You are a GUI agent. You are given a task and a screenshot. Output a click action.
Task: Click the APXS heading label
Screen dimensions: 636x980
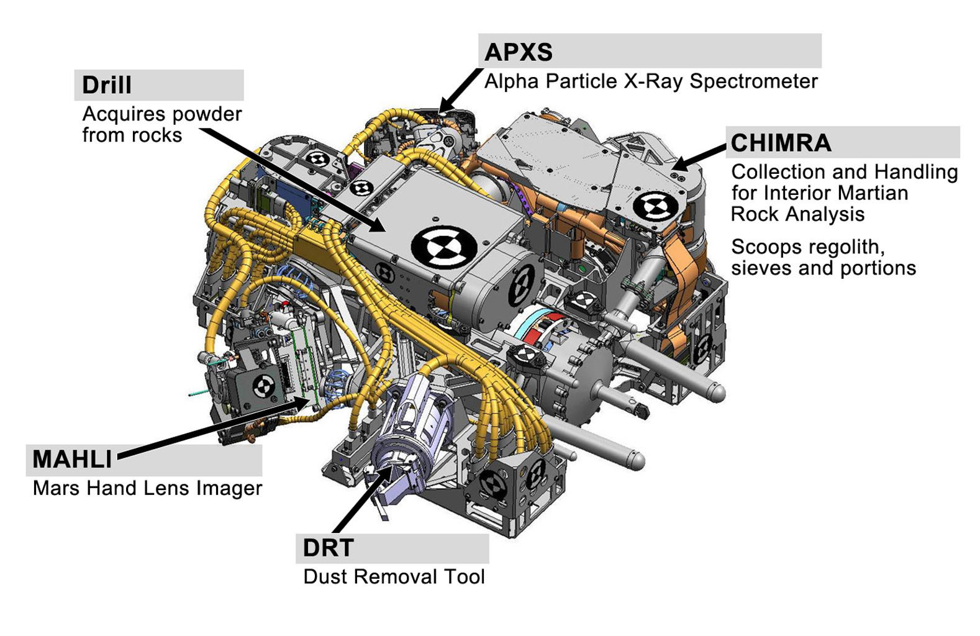tap(518, 52)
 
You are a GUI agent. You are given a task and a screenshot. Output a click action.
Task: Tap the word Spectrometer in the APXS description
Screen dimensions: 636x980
tap(753, 81)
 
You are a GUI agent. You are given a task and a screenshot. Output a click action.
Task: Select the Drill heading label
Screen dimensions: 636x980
tap(106, 85)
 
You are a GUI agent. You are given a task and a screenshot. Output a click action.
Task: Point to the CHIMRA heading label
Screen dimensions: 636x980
tap(780, 143)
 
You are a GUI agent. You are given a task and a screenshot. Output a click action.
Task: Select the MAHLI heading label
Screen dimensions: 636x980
tap(72, 460)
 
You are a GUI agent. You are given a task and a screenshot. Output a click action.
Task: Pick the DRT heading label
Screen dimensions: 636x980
tap(328, 548)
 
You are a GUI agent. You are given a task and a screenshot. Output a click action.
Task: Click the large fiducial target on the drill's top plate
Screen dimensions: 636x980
tap(443, 246)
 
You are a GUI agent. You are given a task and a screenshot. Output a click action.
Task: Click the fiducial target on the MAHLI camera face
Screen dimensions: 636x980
tap(264, 387)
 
